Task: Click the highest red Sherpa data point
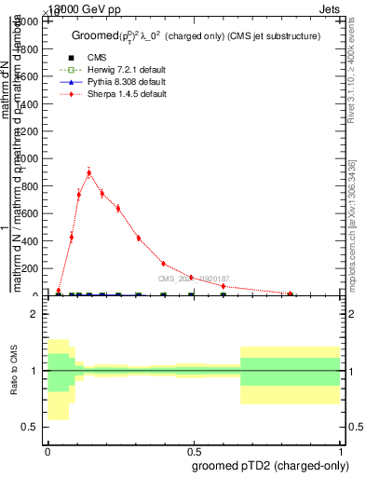89,172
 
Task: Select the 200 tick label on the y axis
33,268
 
